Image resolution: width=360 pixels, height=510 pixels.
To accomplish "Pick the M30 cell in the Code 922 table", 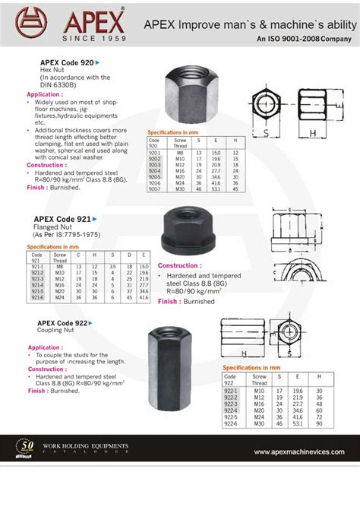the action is (259, 423).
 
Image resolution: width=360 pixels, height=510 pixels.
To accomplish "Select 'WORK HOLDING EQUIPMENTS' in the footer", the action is (92, 445).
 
